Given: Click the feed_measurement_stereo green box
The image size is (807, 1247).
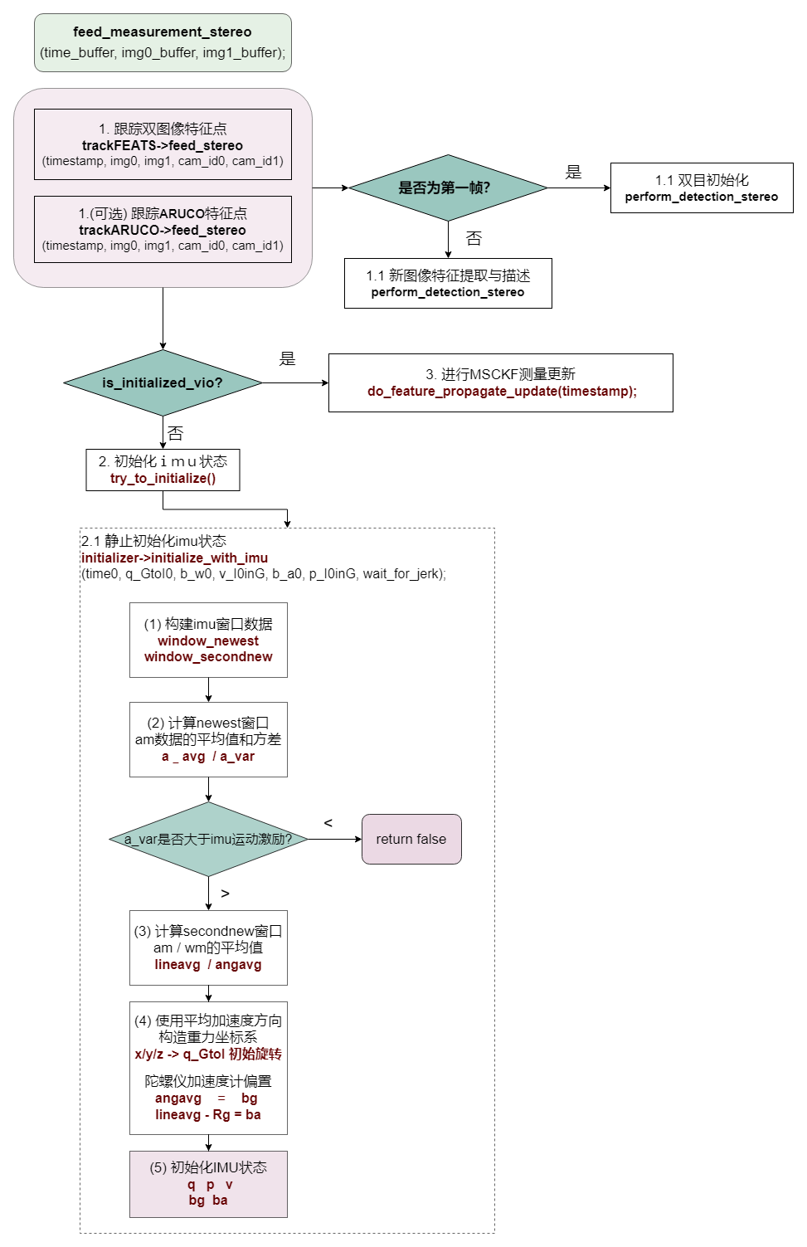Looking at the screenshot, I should coord(163,42).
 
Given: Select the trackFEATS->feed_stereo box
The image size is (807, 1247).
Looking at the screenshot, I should coord(163,144).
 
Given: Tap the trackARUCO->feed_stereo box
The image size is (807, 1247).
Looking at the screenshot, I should coord(163,229).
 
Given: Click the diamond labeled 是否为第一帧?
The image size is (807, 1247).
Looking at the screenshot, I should coord(448,188).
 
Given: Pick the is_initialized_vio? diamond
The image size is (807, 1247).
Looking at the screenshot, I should coord(163,382).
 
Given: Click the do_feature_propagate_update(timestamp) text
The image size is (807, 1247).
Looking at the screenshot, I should coord(502,391).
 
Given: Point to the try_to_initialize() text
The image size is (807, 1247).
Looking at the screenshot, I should coord(163,478).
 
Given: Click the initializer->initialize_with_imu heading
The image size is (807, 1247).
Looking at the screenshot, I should coord(174,558).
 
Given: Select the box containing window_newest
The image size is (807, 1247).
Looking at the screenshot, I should coord(208,640).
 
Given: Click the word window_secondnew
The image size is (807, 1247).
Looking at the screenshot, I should coord(208,657).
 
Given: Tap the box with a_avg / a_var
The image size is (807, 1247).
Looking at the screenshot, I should coord(208,739).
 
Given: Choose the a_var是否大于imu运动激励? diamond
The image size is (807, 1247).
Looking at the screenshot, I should coord(208,839).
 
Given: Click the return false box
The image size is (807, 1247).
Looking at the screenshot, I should coord(411,839).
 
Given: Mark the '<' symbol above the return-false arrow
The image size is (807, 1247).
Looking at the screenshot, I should coord(328,823).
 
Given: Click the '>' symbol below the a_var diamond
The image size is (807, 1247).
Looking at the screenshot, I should coord(225,894).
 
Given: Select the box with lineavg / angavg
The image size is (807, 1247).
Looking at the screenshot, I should coord(208,947).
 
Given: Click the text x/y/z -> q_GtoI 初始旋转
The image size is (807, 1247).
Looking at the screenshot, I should coord(208,1055).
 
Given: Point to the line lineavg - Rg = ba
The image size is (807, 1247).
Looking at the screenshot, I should coord(208,1115).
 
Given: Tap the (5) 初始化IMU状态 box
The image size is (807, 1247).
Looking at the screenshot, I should coord(208,1184).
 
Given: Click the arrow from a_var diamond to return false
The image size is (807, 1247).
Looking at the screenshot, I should coord(334,839).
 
